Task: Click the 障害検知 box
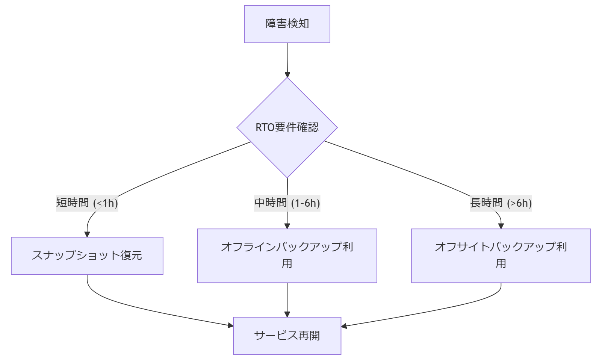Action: click(287, 24)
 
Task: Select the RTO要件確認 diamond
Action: click(287, 128)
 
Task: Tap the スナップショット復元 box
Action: click(87, 256)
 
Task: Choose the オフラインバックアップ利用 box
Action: click(287, 256)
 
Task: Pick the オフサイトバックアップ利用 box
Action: click(501, 256)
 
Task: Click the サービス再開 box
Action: click(287, 336)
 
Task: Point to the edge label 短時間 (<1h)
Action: click(87, 203)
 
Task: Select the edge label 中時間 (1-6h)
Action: click(287, 203)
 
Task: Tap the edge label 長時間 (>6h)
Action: click(501, 203)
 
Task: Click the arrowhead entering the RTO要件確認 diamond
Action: click(287, 74)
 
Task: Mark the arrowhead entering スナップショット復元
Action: click(87, 234)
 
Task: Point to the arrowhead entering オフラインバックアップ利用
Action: click(287, 226)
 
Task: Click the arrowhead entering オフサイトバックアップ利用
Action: click(501, 226)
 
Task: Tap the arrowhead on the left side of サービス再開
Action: click(230, 325)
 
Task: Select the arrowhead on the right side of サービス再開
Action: click(344, 326)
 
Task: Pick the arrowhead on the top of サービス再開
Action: click(287, 314)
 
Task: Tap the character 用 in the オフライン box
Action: click(287, 264)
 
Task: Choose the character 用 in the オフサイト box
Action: click(501, 264)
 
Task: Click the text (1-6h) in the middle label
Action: click(306, 203)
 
